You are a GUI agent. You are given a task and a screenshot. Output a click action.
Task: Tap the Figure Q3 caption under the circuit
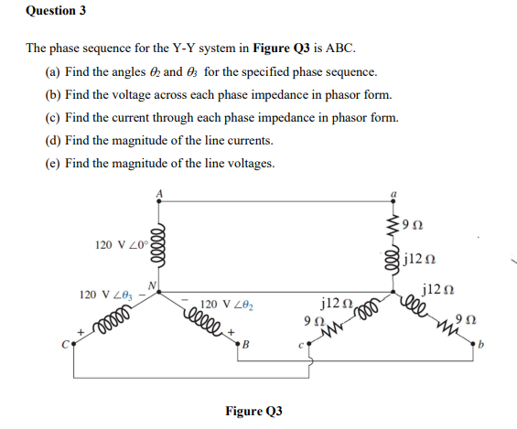(x=253, y=411)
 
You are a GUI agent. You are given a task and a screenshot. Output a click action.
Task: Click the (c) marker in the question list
(x=53, y=117)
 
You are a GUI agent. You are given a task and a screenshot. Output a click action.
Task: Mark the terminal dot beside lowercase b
(x=476, y=345)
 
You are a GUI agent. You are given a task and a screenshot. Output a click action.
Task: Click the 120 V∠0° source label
(x=120, y=244)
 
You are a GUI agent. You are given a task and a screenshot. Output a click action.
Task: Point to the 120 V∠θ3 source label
(x=105, y=295)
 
